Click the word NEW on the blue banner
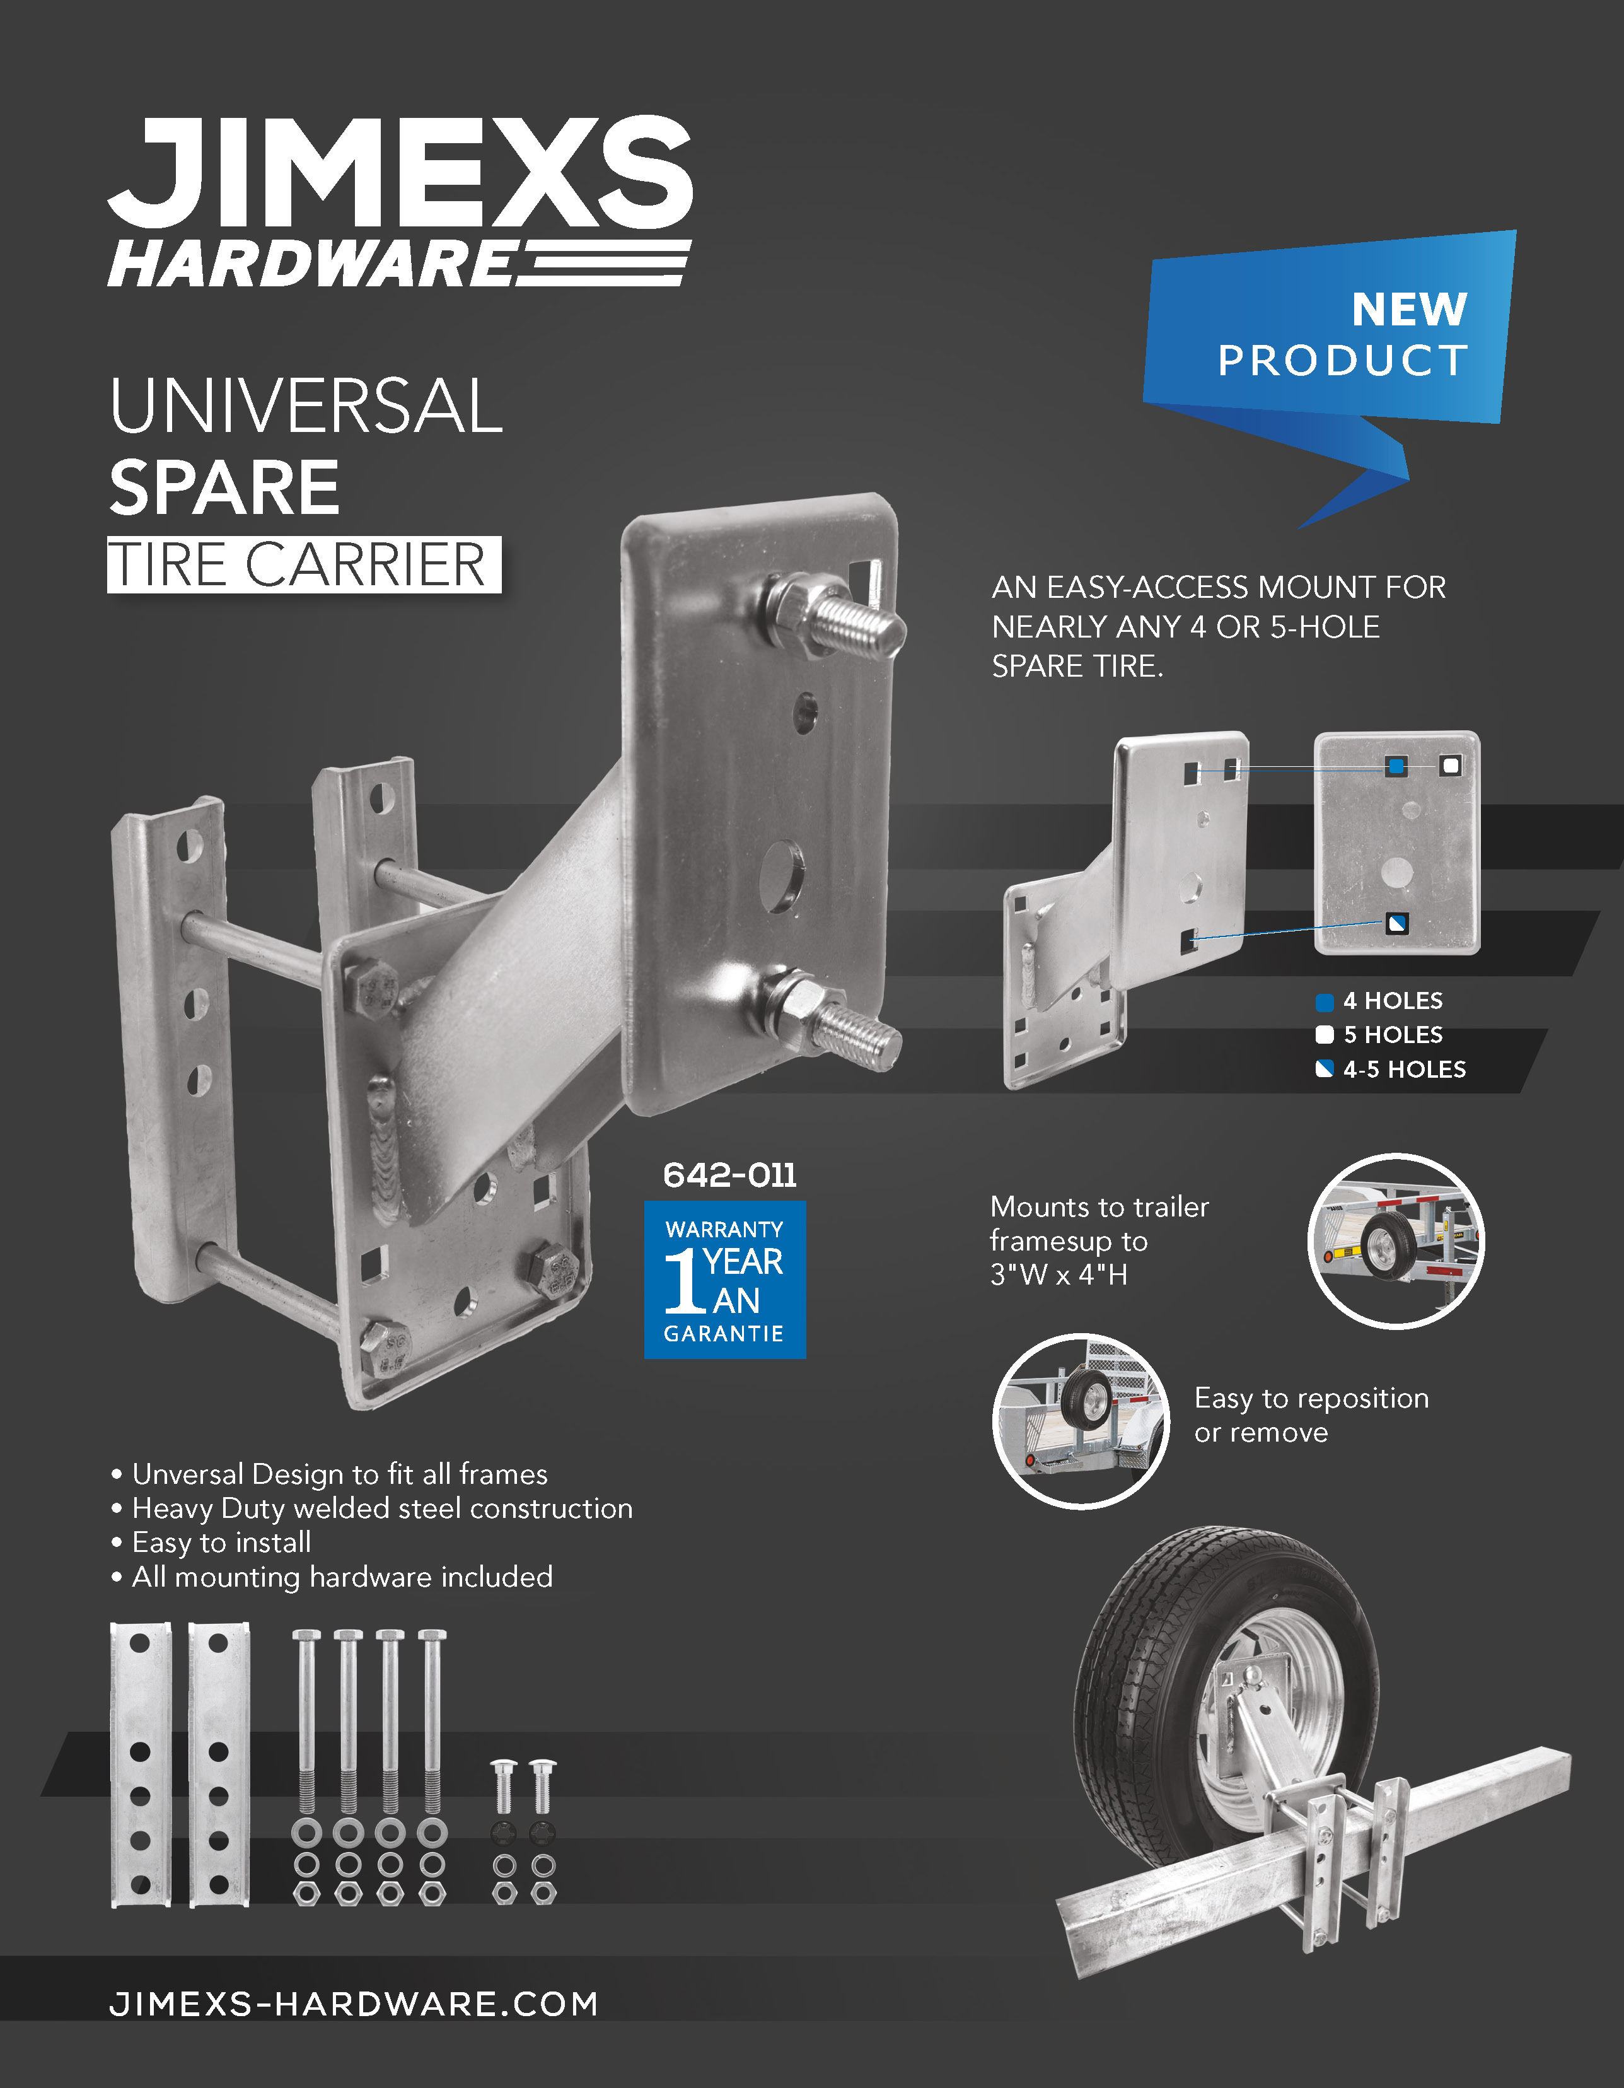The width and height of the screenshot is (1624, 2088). point(1409,309)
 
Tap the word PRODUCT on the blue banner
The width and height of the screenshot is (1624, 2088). point(1342,361)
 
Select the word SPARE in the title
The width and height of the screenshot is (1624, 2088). point(224,487)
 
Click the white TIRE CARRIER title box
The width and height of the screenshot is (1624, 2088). point(304,564)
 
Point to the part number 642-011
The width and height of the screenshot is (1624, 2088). point(729,1175)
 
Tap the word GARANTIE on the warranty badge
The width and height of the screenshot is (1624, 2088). point(724,1334)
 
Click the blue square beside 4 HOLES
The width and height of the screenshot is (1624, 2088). point(1324,1002)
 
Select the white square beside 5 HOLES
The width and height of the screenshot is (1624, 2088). point(1324,1034)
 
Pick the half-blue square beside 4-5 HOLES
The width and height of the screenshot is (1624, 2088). point(1324,1069)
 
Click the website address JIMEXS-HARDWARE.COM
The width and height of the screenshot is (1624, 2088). point(354,2004)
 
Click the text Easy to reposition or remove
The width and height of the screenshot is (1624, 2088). point(1311,1415)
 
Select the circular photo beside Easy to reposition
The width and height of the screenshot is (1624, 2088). point(1081,1421)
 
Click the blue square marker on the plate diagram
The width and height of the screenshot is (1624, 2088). point(1396,766)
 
